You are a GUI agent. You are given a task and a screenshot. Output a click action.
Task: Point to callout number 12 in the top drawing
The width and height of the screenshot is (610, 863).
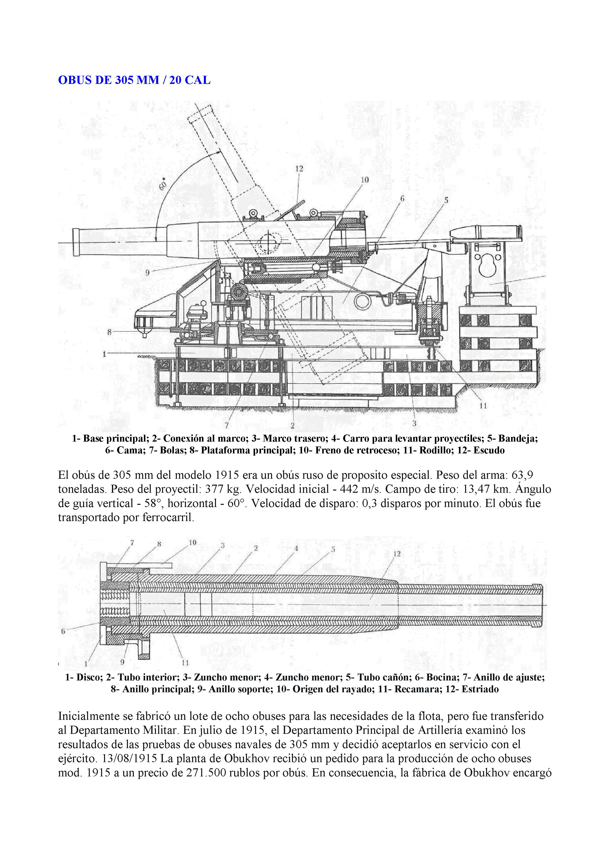tap(299, 169)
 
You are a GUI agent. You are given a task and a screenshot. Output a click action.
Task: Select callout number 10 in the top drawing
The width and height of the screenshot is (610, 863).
tap(365, 180)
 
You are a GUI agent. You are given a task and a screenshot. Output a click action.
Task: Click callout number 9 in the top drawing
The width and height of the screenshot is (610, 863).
tap(147, 273)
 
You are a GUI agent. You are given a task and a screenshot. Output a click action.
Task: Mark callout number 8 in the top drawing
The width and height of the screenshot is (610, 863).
tap(110, 332)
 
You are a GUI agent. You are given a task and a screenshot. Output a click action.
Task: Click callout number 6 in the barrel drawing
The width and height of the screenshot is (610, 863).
tap(63, 632)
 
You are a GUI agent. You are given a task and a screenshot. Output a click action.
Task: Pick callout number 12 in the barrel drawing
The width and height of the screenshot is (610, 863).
tap(397, 554)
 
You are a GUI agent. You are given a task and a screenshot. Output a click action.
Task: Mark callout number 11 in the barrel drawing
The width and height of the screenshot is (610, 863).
tap(185, 663)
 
